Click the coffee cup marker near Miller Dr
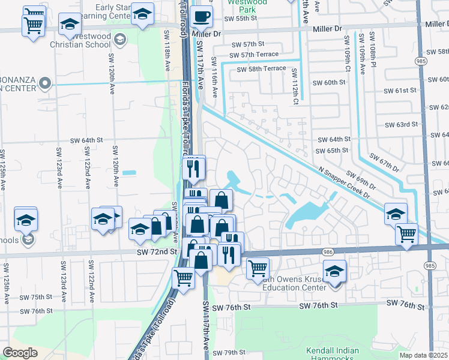click(x=202, y=16)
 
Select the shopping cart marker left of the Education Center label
click(x=258, y=268)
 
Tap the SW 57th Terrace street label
click(x=254, y=55)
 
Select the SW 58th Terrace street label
click(x=261, y=69)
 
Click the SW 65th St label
click(x=333, y=151)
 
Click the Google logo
click(x=20, y=352)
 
